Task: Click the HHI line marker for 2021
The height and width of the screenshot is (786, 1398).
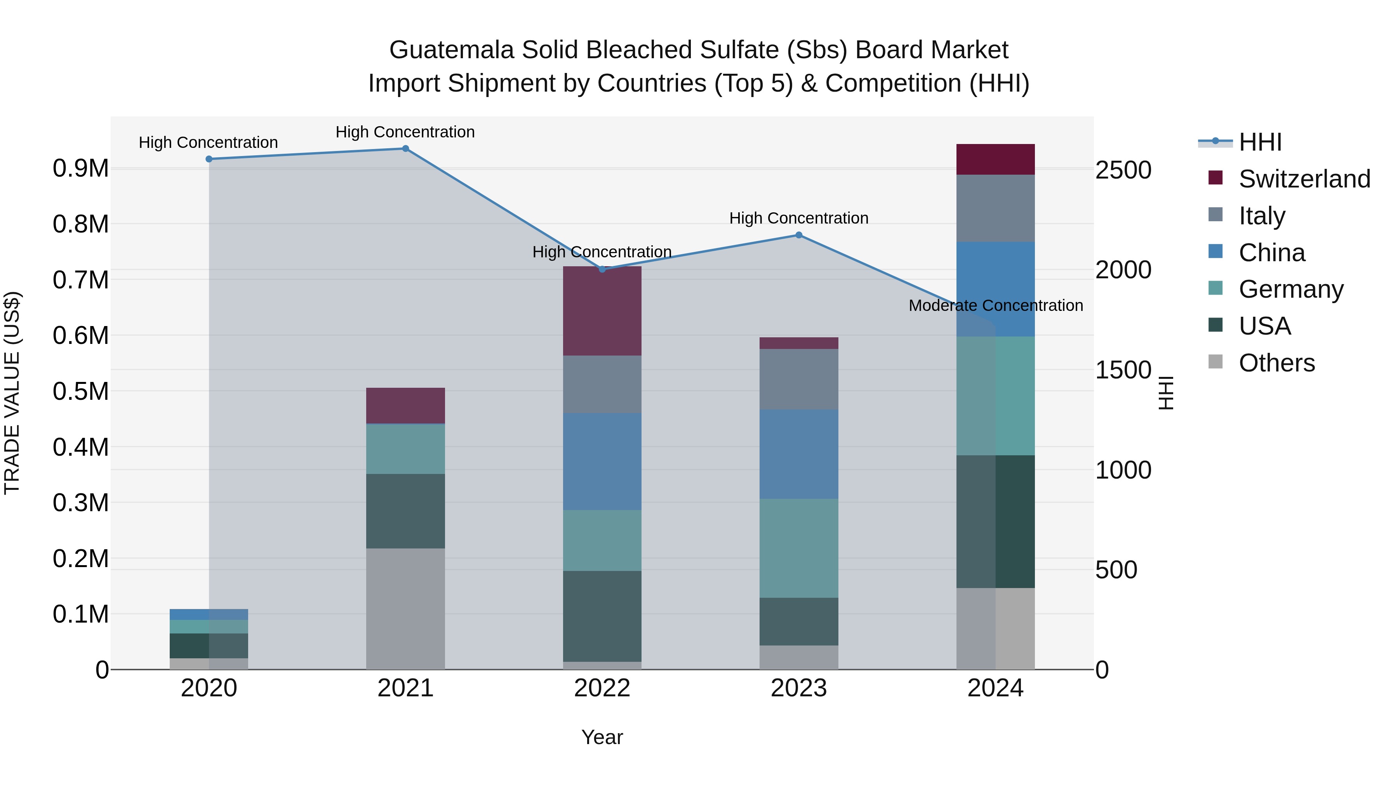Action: (x=405, y=149)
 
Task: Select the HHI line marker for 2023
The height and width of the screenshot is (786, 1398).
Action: (x=799, y=235)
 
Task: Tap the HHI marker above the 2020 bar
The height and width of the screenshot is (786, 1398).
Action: (x=209, y=159)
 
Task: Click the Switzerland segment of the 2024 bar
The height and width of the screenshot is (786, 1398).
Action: (x=995, y=160)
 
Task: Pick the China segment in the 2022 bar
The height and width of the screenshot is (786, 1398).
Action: (x=602, y=462)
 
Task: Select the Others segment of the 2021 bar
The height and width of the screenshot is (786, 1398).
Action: (x=405, y=609)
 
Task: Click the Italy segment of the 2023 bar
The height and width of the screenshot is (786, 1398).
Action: (x=799, y=379)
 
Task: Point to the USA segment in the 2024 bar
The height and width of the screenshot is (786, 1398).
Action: (x=995, y=521)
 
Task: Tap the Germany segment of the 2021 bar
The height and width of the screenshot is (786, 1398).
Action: (x=405, y=449)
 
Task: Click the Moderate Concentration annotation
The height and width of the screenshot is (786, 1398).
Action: (x=995, y=305)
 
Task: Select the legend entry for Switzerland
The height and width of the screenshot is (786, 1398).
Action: (x=1304, y=179)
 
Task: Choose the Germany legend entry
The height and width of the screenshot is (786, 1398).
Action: (x=1290, y=289)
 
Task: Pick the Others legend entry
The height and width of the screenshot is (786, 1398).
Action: (x=1276, y=363)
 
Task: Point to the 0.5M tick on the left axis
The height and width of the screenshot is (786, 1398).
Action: (x=80, y=392)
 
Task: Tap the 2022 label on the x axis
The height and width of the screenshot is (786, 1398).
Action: (x=602, y=688)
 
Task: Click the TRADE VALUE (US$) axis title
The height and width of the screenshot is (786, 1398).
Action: (x=12, y=393)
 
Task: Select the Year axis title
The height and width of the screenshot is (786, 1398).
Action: (x=602, y=737)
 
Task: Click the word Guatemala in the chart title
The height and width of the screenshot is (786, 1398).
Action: (x=452, y=50)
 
